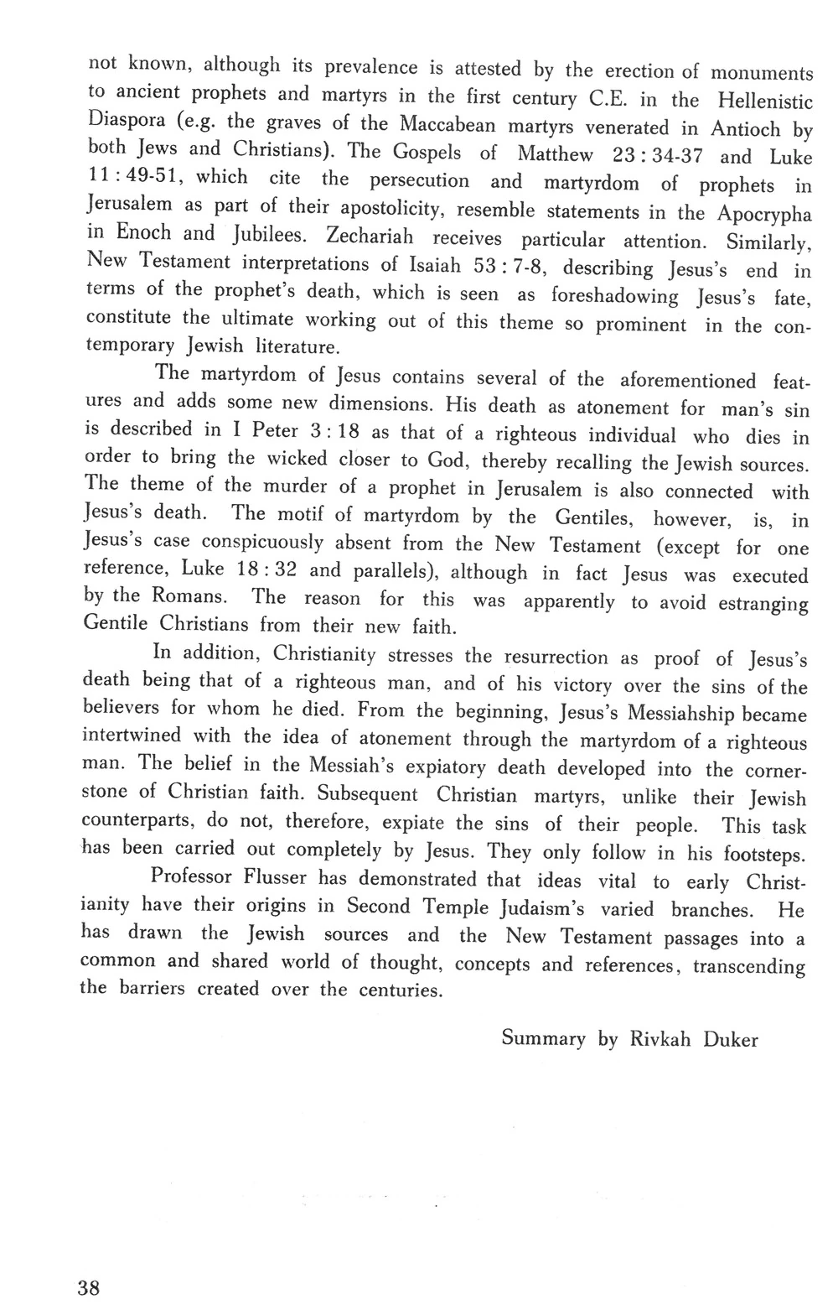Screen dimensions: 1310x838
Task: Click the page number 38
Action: click(x=88, y=1288)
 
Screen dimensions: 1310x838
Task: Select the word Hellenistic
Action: click(x=765, y=101)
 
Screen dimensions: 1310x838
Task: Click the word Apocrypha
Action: click(x=763, y=215)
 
